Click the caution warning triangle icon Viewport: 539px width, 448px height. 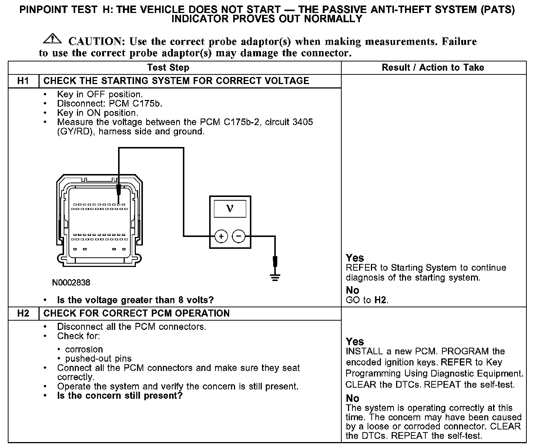(52, 38)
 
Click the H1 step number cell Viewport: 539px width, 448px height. (23, 81)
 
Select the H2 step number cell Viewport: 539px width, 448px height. (23, 313)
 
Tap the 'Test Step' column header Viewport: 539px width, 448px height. (168, 67)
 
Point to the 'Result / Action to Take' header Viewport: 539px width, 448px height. (433, 67)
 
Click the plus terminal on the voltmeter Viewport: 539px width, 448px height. (221, 236)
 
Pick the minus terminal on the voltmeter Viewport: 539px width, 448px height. (239, 236)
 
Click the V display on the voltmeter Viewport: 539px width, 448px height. (230, 209)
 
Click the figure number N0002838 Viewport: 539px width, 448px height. (71, 282)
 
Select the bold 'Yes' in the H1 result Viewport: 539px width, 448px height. (355, 258)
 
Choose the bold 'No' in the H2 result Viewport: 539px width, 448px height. (352, 398)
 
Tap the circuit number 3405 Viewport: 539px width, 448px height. (302, 122)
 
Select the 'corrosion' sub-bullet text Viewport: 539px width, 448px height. (84, 349)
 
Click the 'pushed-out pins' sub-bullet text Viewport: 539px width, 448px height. (98, 358)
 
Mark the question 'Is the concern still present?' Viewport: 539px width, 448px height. (120, 396)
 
